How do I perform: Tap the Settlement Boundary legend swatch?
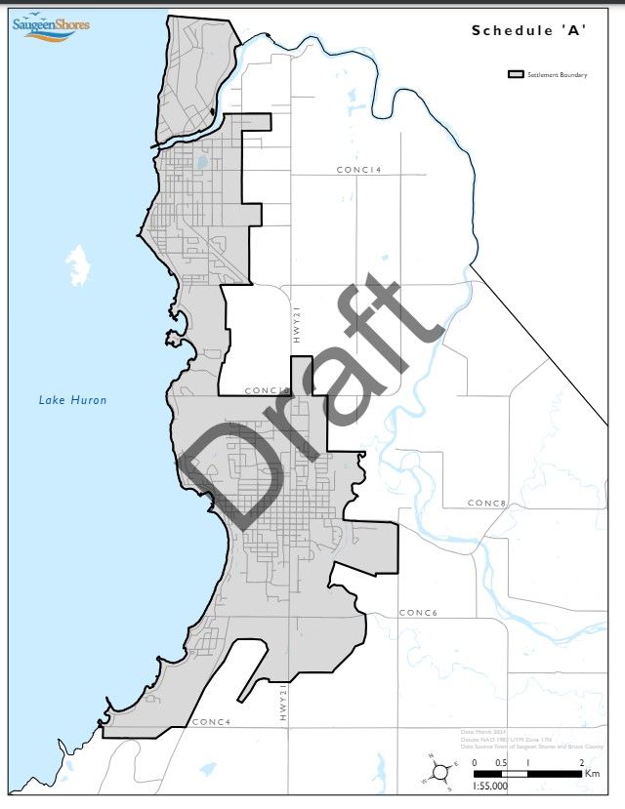click(x=516, y=74)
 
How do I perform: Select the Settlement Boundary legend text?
click(x=557, y=74)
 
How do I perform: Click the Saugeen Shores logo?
click(x=50, y=25)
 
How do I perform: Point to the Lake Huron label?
click(x=72, y=399)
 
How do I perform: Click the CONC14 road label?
click(x=358, y=170)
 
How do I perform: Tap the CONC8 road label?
click(x=485, y=504)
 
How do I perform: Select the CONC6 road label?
click(x=417, y=613)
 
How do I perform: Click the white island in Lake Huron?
click(x=78, y=265)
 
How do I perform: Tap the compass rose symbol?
click(x=440, y=771)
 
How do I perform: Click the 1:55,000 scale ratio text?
click(x=490, y=785)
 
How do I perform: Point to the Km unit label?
click(x=592, y=773)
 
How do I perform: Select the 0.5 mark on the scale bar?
click(x=501, y=762)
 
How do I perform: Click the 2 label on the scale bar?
click(x=581, y=762)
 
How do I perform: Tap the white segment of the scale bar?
click(x=514, y=773)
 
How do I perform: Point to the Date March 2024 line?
click(x=484, y=731)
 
